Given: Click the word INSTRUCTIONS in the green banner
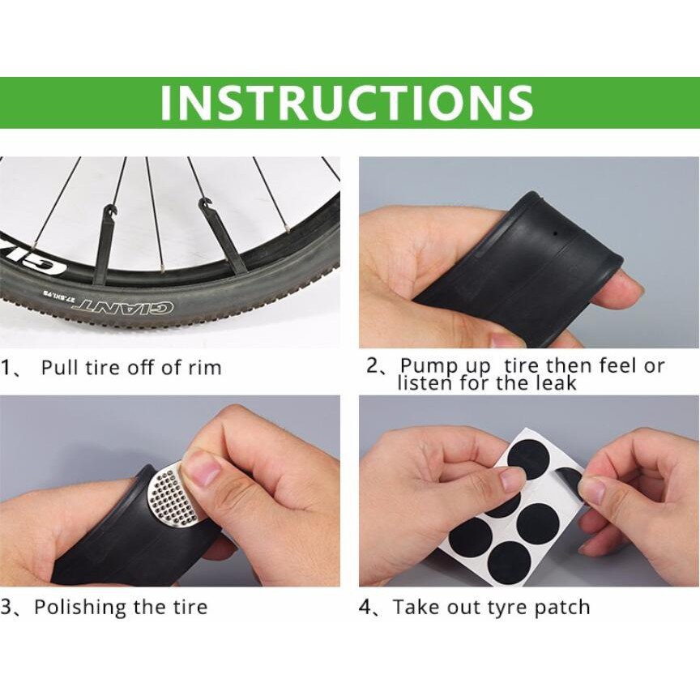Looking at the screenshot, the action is [x=347, y=102].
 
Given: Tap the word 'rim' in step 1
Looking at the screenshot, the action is [x=206, y=368].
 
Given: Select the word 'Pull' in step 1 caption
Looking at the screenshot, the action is [x=60, y=367].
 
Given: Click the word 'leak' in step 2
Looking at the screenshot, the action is [x=557, y=383].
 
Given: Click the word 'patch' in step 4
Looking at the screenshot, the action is [x=562, y=607].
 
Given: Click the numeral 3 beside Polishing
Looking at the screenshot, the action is [x=6, y=608].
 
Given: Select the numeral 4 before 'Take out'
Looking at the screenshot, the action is [x=365, y=608].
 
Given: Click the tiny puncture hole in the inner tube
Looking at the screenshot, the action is [x=554, y=233].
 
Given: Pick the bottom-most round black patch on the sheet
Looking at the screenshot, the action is [x=509, y=561].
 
